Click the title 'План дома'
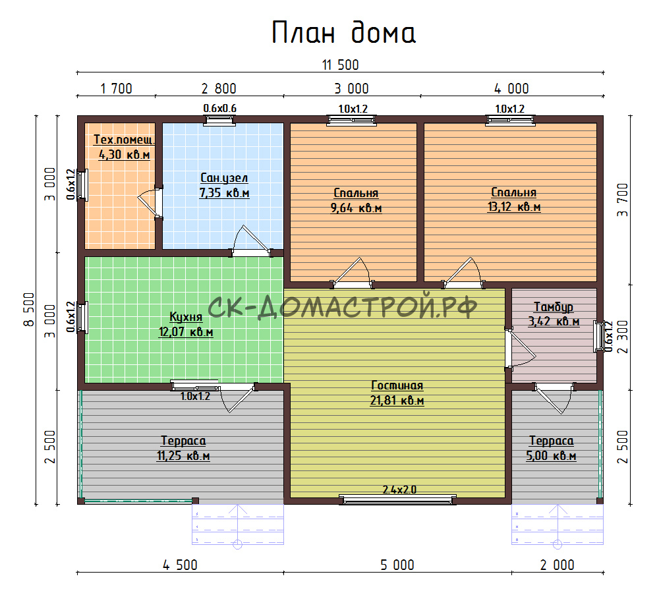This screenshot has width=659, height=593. [344, 33]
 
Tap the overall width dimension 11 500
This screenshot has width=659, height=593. [341, 65]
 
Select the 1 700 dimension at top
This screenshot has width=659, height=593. [116, 89]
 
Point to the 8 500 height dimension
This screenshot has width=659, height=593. [28, 310]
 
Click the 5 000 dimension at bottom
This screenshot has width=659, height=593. [397, 565]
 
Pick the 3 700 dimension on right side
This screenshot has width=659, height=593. [623, 200]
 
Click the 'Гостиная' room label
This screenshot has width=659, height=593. [397, 385]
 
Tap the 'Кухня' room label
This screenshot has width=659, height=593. [186, 317]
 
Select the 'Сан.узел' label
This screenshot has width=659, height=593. [224, 178]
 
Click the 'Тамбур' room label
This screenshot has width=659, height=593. [554, 307]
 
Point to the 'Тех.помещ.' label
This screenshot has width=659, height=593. [124, 140]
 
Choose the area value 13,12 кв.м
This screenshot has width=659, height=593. [514, 207]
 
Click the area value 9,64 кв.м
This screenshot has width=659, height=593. [356, 208]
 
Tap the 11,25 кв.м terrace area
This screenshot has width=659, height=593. [183, 456]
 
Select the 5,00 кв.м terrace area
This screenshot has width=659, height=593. [551, 456]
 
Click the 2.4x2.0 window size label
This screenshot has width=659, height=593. [399, 490]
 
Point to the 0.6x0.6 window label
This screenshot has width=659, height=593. [220, 109]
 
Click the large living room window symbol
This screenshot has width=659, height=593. [397, 499]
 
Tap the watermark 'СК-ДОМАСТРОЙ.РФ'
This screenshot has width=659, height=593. [342, 306]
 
